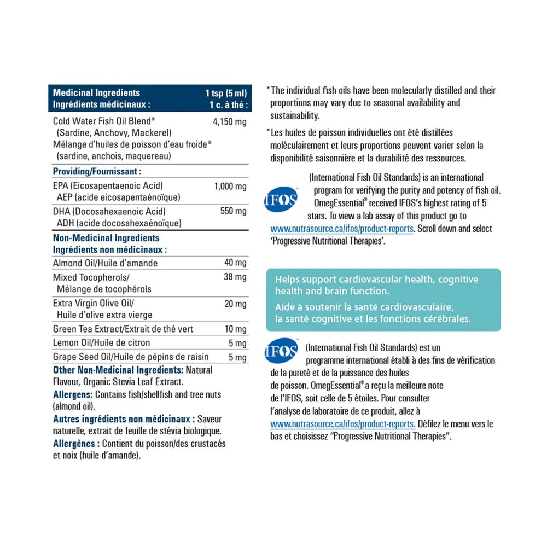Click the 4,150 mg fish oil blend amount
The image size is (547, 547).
pyautogui.click(x=229, y=121)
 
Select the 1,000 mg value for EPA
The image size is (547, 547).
pyautogui.click(x=230, y=187)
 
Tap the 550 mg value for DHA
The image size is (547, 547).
pyautogui.click(x=234, y=211)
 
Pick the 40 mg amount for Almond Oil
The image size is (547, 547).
pyautogui.click(x=236, y=263)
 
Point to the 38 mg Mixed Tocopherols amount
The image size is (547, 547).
pyautogui.click(x=236, y=277)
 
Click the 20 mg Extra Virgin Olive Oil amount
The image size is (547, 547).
pyautogui.click(x=236, y=304)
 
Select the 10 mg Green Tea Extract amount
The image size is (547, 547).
pyautogui.click(x=236, y=329)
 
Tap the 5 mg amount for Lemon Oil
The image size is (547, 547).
pyautogui.click(x=238, y=344)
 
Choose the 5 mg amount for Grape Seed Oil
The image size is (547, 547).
pyautogui.click(x=238, y=358)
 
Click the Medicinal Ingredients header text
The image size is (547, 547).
pyautogui.click(x=96, y=93)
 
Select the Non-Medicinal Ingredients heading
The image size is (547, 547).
pyautogui.click(x=106, y=238)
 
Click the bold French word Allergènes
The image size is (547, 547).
pyautogui.click(x=76, y=444)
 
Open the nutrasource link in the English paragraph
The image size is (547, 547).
pyautogui.click(x=342, y=229)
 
